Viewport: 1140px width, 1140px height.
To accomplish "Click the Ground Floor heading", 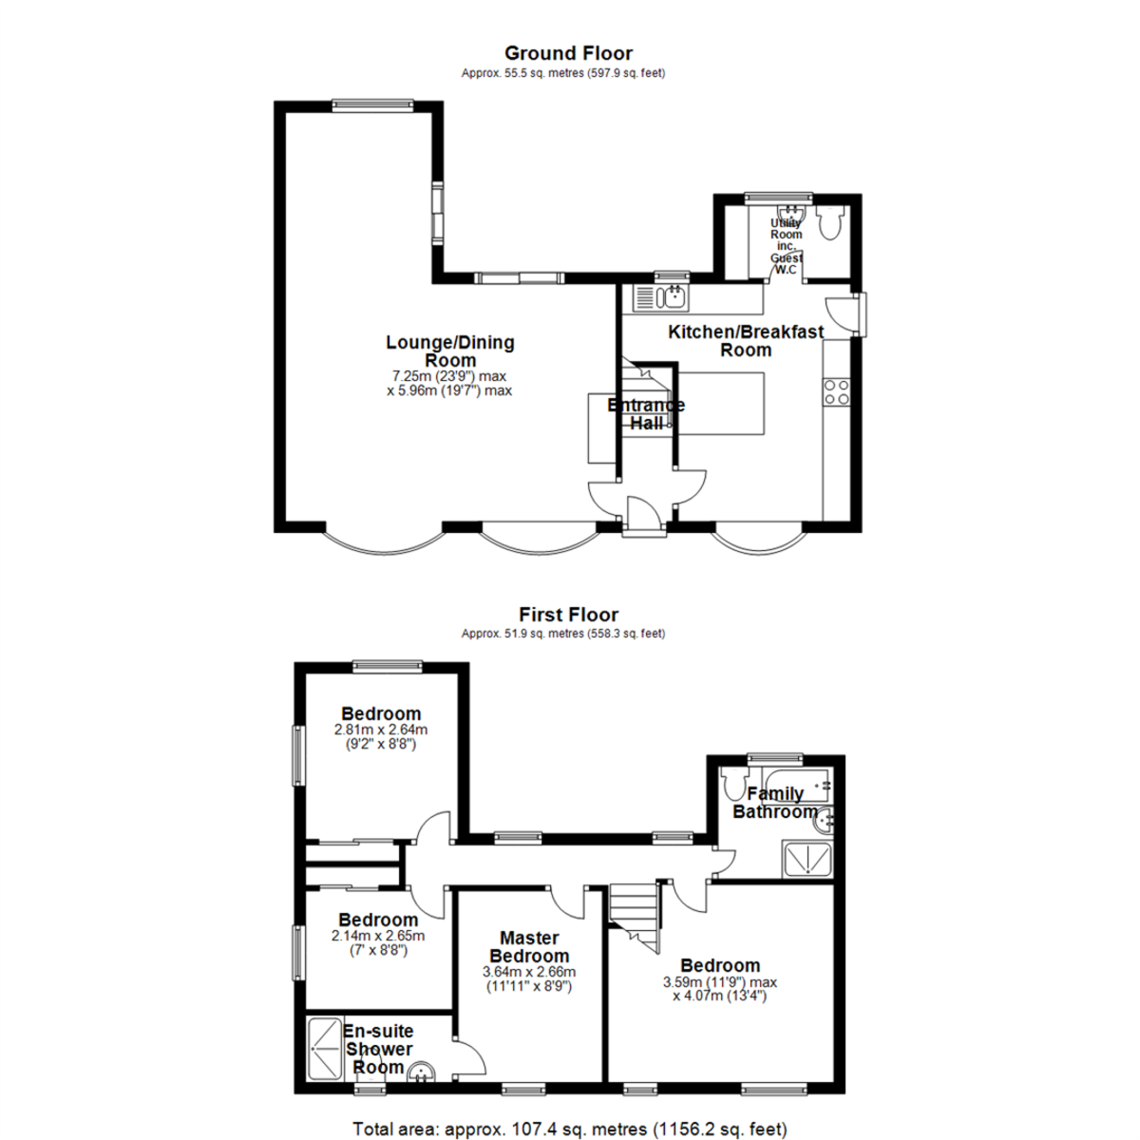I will (568, 53).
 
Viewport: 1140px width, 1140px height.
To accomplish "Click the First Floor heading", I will (568, 615).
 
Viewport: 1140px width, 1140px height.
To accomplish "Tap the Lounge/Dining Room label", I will (449, 351).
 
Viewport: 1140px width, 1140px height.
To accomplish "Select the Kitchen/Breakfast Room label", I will (746, 340).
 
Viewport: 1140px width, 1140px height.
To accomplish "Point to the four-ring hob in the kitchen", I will (837, 391).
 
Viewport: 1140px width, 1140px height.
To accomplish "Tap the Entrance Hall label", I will (646, 414).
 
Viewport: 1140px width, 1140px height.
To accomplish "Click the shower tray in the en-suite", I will (323, 1047).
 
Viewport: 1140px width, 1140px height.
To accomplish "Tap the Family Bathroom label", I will (774, 803).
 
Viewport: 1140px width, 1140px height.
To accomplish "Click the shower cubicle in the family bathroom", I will (807, 860).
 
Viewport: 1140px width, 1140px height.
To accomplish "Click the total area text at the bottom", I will (569, 1130).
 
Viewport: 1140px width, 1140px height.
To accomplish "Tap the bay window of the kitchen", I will (757, 541).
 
